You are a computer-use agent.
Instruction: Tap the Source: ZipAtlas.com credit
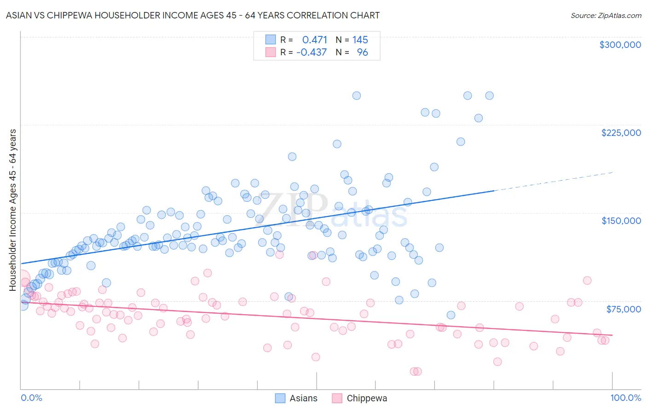pos(606,15)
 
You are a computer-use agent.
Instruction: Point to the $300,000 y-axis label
pos(620,45)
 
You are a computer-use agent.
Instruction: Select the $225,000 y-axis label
pos(621,133)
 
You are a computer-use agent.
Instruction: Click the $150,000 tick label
pos(621,221)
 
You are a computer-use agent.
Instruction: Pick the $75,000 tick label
pos(623,309)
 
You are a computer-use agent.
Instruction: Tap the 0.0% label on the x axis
pos(31,398)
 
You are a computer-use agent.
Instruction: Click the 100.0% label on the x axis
pos(625,398)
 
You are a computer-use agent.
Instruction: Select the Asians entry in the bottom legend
pos(296,398)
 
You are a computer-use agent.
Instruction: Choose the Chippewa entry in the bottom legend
pos(359,398)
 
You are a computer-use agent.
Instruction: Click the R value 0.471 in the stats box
pos(315,40)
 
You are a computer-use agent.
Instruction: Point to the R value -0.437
pos(312,53)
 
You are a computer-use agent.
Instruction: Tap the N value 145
pos(360,40)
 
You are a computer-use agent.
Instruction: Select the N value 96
pos(363,53)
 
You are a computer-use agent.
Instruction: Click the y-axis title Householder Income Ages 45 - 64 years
pos(13,210)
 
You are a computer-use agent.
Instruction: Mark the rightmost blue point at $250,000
pos(489,96)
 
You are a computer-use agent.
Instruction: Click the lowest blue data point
pos(451,315)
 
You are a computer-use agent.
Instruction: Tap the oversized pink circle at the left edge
pos(22,280)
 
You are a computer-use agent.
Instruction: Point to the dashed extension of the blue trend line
pos(552,181)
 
